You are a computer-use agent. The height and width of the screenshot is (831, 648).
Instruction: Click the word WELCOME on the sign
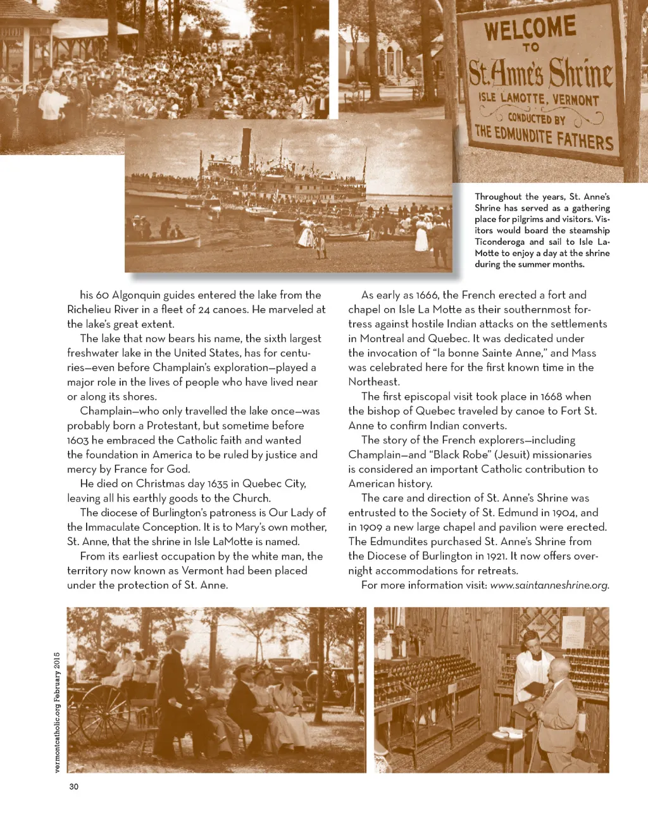tap(530, 28)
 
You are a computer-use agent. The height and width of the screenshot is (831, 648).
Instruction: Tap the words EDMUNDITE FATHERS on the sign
tap(544, 136)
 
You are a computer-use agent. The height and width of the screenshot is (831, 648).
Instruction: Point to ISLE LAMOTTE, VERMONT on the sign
tap(539, 99)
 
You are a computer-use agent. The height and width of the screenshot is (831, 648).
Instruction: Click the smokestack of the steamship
tap(246, 146)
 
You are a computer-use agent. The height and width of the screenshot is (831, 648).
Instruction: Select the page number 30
tap(74, 786)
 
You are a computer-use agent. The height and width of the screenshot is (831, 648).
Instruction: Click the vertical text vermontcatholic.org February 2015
tap(56, 712)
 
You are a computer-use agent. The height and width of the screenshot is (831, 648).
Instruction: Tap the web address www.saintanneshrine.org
tap(549, 586)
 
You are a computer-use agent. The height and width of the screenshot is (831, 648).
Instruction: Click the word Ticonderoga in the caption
tap(501, 242)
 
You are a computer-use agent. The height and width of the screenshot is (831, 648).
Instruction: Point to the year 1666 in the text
tap(427, 295)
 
